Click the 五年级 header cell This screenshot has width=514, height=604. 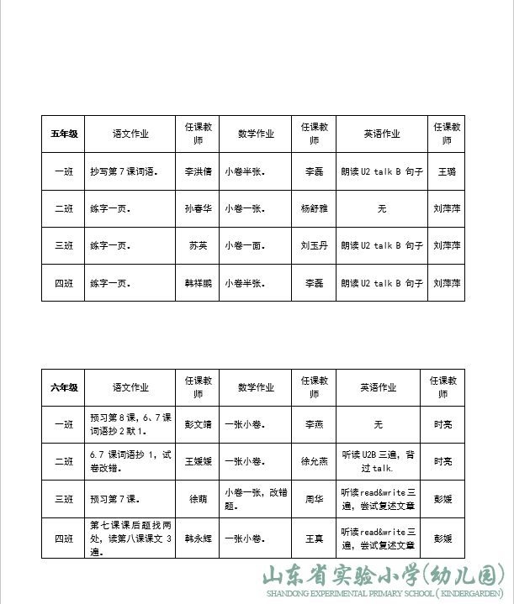point(65,134)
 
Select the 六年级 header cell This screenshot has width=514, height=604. point(65,388)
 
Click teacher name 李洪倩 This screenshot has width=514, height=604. point(199,171)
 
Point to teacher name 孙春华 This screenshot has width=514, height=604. point(199,208)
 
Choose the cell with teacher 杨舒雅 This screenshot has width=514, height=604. point(313,208)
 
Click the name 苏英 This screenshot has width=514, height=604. point(199,246)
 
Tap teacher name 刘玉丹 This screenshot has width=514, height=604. point(313,246)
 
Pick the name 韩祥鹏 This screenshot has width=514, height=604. point(199,283)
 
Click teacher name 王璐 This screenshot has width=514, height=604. point(447,171)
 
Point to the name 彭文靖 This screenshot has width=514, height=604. point(199,425)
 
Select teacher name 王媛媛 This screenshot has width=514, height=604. point(199,461)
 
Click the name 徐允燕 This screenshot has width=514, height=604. point(314,461)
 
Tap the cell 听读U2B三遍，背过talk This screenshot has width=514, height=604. point(381,461)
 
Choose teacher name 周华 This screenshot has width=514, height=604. point(314,499)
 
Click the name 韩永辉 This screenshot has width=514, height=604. point(199,538)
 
